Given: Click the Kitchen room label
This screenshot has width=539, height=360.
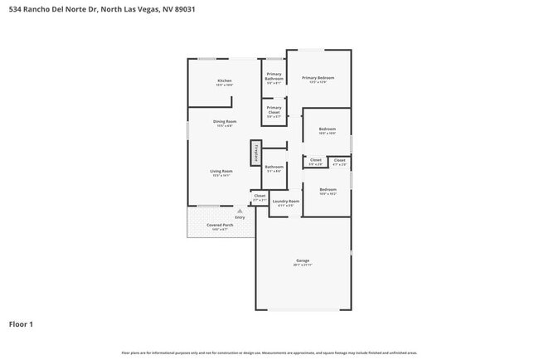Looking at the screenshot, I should pos(224,81).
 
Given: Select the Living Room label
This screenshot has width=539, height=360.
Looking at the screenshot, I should pos(221,171).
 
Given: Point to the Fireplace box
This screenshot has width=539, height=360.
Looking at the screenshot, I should pos(256,153).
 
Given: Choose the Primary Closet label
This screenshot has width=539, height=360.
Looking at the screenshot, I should pos(274,109).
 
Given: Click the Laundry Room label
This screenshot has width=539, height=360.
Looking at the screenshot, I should pos(286,201).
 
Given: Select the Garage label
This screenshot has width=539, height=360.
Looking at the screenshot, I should pos(303,260).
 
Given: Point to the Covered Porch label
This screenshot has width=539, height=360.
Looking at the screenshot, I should pos(220,225).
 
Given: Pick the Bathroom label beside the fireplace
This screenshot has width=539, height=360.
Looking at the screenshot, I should pos(274,167).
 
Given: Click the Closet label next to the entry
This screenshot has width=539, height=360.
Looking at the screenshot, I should pos(260,196).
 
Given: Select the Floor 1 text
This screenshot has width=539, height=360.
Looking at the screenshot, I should pos(21,324).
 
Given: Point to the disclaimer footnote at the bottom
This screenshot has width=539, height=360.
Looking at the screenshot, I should pos(269,352).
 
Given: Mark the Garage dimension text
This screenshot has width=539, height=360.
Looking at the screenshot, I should pos(303,265).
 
